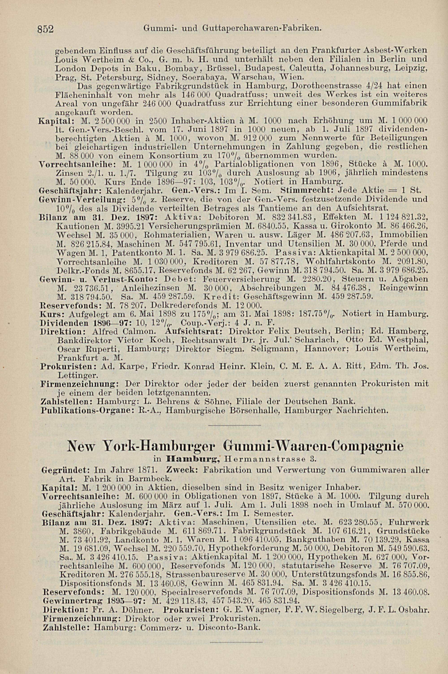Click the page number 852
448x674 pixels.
coord(45,29)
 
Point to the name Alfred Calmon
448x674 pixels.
coord(124,332)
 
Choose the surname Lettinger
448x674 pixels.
coord(78,375)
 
